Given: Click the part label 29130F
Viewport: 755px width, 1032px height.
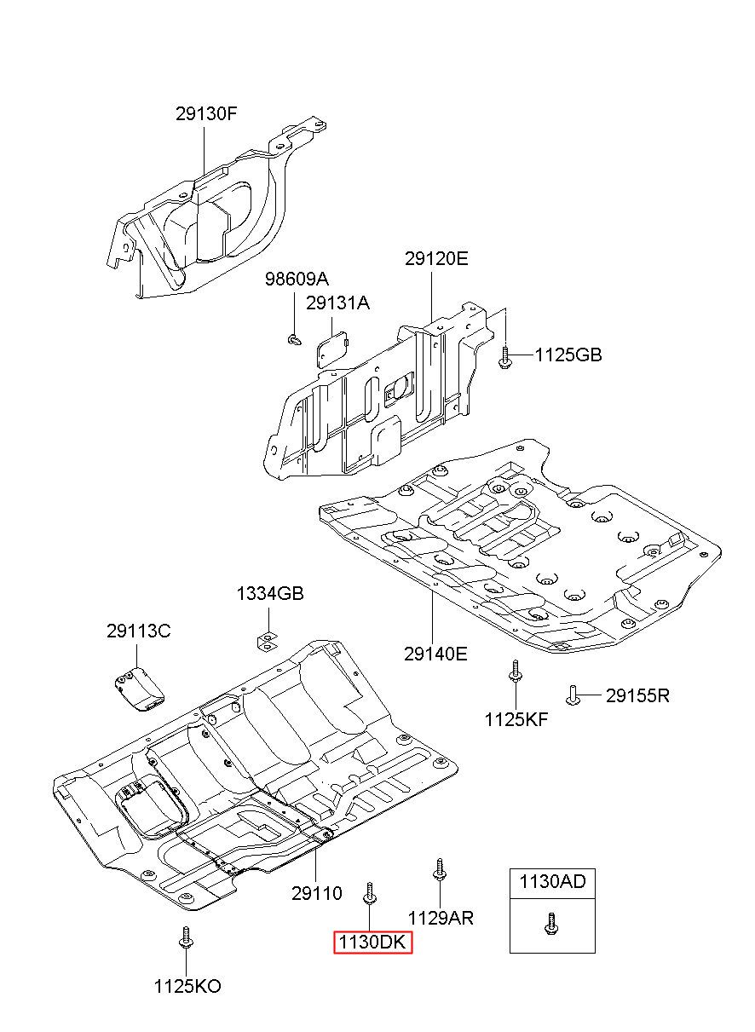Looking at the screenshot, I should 206,113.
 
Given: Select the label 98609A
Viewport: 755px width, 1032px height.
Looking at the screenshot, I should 296,280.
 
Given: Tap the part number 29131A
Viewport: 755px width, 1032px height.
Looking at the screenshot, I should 337,303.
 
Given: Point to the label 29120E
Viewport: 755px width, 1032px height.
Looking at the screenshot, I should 436,259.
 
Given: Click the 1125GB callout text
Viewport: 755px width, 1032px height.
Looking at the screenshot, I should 568,355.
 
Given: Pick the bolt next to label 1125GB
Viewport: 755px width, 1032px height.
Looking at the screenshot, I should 504,356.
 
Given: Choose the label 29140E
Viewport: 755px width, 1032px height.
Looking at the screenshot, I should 435,654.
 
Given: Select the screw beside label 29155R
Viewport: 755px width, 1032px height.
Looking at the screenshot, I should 573,695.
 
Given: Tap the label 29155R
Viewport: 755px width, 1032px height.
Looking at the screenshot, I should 637,695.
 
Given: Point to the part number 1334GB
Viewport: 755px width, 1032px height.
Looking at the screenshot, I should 270,594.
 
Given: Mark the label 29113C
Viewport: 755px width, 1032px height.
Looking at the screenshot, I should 139,631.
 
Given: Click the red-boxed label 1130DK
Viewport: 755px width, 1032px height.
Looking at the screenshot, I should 372,943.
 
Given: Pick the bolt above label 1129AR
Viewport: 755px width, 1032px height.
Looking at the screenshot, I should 439,870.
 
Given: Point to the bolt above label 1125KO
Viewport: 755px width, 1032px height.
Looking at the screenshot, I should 185,938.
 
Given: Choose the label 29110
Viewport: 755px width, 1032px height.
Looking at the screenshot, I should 316,894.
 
